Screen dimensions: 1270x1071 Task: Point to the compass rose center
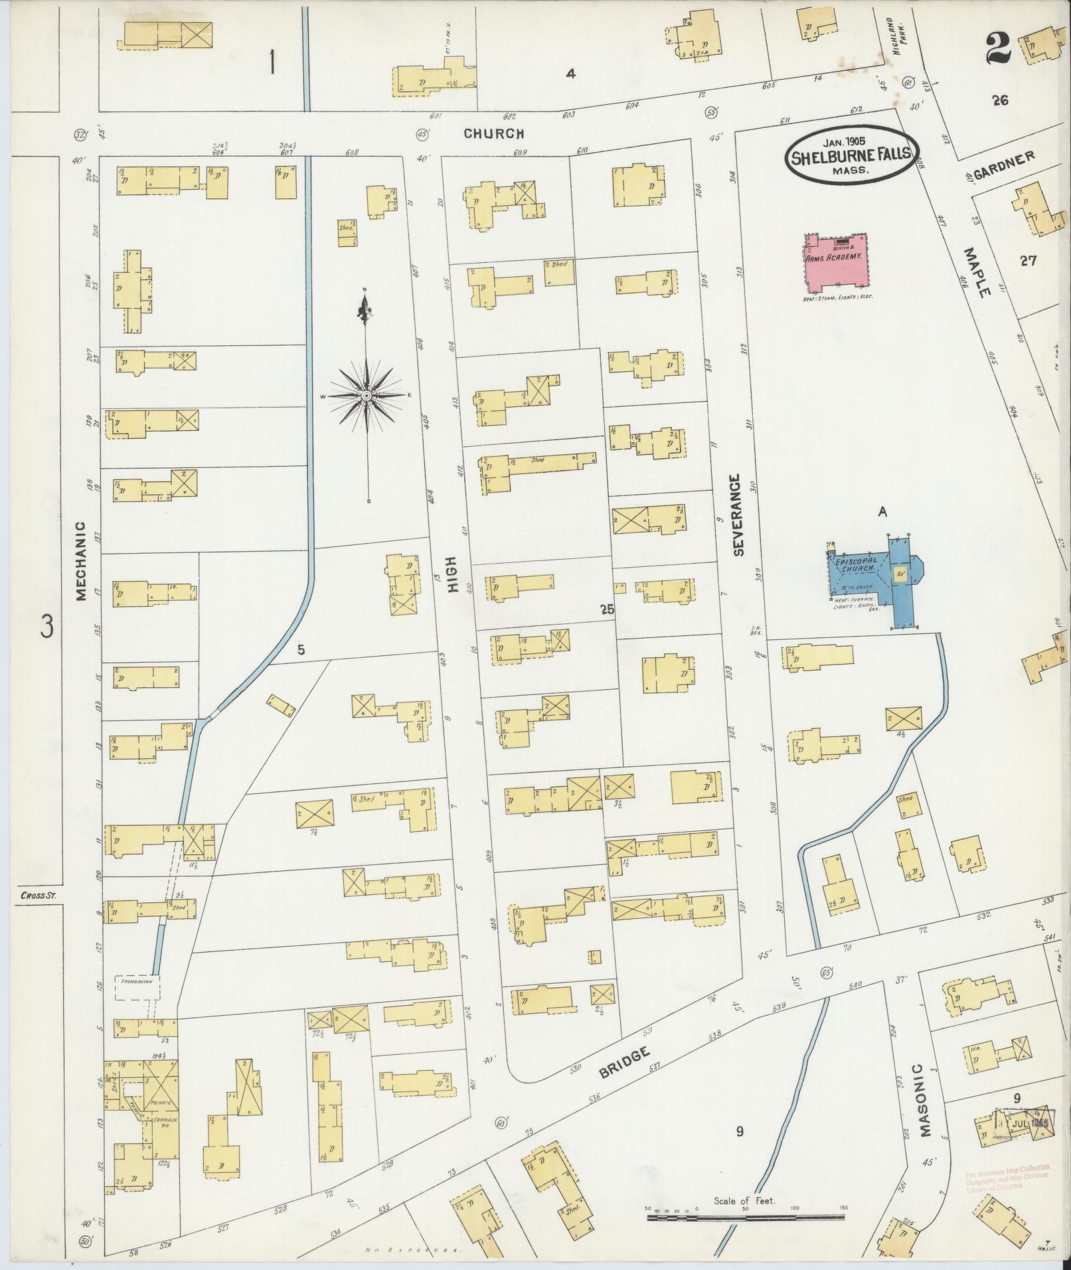pos(366,396)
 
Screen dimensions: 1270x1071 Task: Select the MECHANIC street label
pos(81,562)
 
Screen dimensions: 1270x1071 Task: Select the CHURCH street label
pos(494,133)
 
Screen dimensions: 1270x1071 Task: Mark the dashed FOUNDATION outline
pos(137,987)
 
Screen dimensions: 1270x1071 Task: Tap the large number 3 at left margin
pos(45,626)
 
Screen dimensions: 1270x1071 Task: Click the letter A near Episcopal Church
pos(882,511)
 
